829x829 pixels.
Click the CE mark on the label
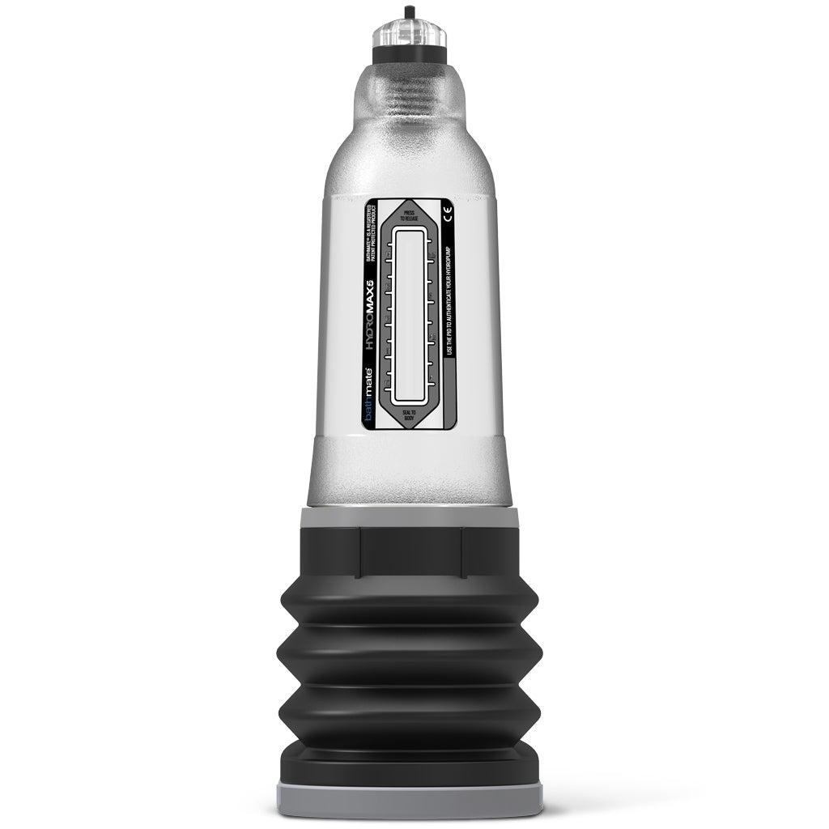click(449, 214)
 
